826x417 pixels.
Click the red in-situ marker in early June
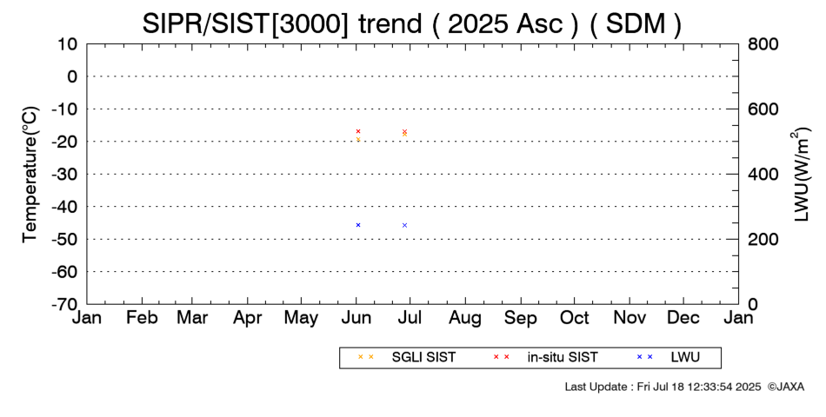[358, 131]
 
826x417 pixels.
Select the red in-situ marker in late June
[404, 131]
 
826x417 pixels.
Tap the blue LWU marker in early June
[358, 225]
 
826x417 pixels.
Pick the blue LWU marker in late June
[404, 225]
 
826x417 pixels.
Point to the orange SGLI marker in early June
[358, 139]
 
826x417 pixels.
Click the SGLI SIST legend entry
[407, 357]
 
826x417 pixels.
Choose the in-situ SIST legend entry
[545, 357]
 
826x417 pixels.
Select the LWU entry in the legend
[668, 357]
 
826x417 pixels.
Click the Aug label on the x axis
[465, 317]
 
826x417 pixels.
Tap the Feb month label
[143, 317]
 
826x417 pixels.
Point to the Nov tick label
[629, 317]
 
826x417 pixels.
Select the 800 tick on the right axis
[763, 44]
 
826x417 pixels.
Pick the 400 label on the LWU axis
[763, 175]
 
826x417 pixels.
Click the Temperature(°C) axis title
[30, 175]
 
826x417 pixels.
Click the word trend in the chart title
[390, 23]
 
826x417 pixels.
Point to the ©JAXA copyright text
[785, 387]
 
